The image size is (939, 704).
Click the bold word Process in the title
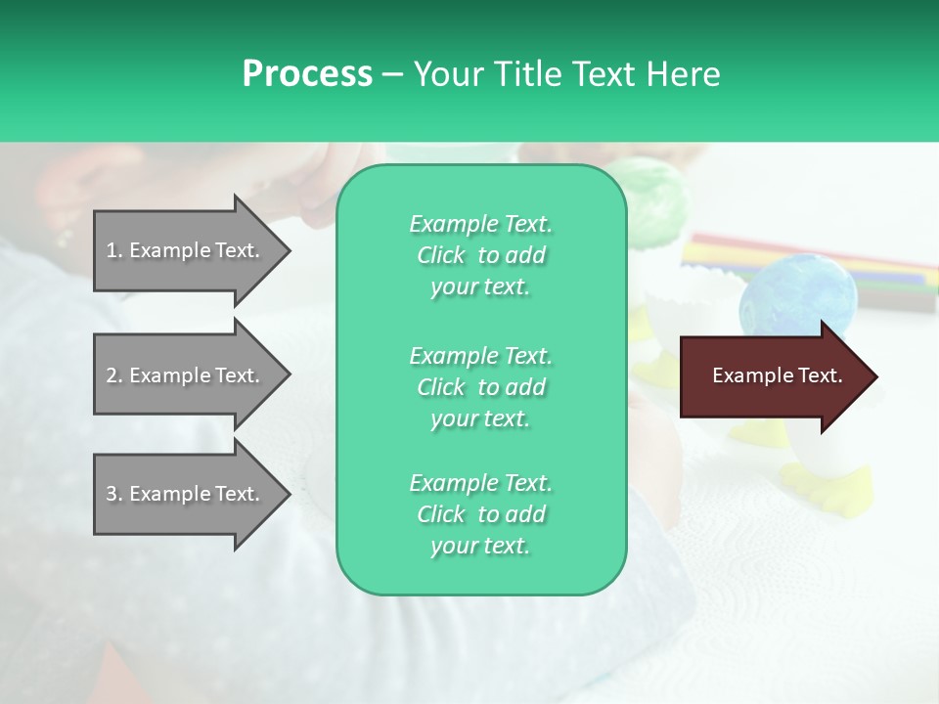click(307, 74)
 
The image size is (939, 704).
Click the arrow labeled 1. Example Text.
click(186, 250)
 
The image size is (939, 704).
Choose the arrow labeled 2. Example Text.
click(186, 375)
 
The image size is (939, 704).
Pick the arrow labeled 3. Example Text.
click(186, 494)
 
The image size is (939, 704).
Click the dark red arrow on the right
click(773, 376)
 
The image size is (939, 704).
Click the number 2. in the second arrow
click(114, 375)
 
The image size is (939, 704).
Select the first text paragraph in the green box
click(480, 255)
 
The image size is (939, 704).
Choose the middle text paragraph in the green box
click(480, 387)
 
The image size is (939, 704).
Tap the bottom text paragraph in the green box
click(480, 514)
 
